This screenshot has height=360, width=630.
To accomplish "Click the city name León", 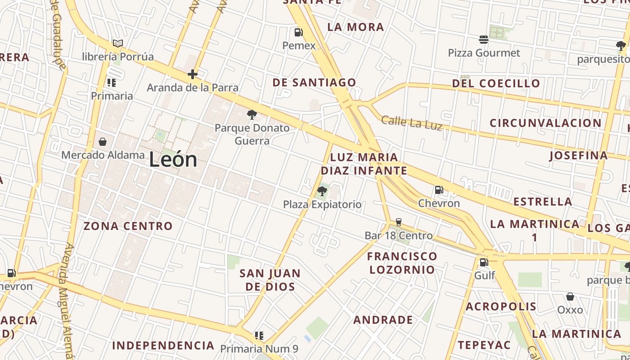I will point(173,160).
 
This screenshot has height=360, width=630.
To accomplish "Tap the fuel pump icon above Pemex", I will point(298,32).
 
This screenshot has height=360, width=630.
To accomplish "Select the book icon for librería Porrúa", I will point(118,44).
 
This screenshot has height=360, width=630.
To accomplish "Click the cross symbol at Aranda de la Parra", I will point(193,74).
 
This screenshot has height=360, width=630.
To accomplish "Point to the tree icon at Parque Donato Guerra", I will point(252,115).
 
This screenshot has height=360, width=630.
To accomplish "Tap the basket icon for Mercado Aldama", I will point(103,142).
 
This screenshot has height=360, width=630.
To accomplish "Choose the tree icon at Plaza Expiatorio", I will point(322,191).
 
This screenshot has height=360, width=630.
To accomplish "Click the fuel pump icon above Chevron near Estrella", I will point(439,190).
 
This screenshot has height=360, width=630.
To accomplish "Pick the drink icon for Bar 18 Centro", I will point(398,222).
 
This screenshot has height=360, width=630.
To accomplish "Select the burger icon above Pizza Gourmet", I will point(484,40).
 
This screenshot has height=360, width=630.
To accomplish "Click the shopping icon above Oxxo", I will point(570,297).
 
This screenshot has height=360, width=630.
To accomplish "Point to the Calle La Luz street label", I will point(412,122).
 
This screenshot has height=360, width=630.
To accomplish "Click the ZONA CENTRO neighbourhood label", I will point(128,226).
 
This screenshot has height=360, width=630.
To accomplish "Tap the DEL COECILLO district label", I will point(496,83).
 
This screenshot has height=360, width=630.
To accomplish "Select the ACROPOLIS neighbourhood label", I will point(501,307).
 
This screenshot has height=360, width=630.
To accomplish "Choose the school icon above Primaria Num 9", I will point(259,336).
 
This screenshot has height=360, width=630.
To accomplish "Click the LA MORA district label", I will point(355,27).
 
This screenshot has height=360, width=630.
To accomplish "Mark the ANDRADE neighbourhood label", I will point(383,320).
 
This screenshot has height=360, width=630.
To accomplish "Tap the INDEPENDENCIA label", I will point(163,346).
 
